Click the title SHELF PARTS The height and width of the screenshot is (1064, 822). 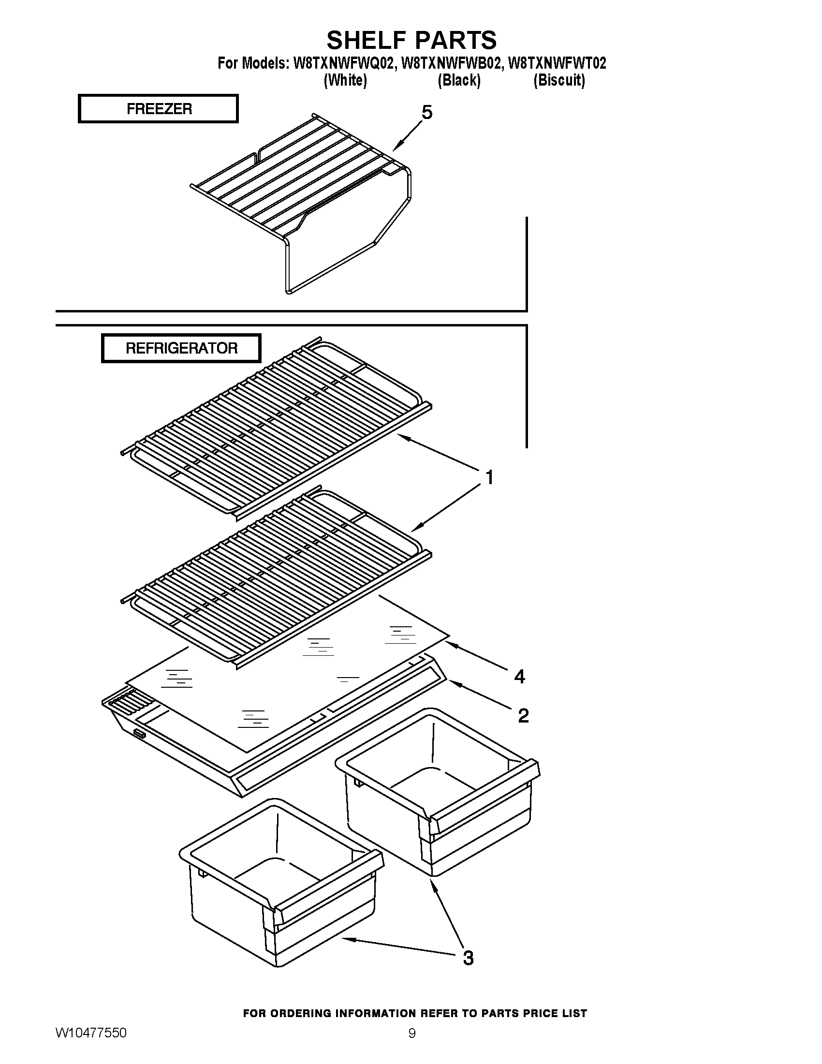coord(411,40)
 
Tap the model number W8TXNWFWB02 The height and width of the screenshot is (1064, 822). coord(450,63)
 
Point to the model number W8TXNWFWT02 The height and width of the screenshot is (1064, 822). coord(557,63)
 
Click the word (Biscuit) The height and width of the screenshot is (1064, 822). coord(558,80)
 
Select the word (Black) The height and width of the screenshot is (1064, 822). coord(459,80)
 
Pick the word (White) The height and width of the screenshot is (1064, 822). coord(345,80)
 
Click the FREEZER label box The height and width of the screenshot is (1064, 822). coord(158,108)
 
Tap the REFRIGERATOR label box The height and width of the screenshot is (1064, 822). coord(181,348)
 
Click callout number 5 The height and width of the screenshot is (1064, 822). coord(426,113)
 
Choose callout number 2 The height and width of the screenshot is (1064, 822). coord(523,715)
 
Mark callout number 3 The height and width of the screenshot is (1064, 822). coord(468,958)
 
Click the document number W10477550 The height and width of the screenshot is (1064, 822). coord(91,1034)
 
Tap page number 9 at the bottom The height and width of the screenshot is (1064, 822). coord(411,1034)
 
